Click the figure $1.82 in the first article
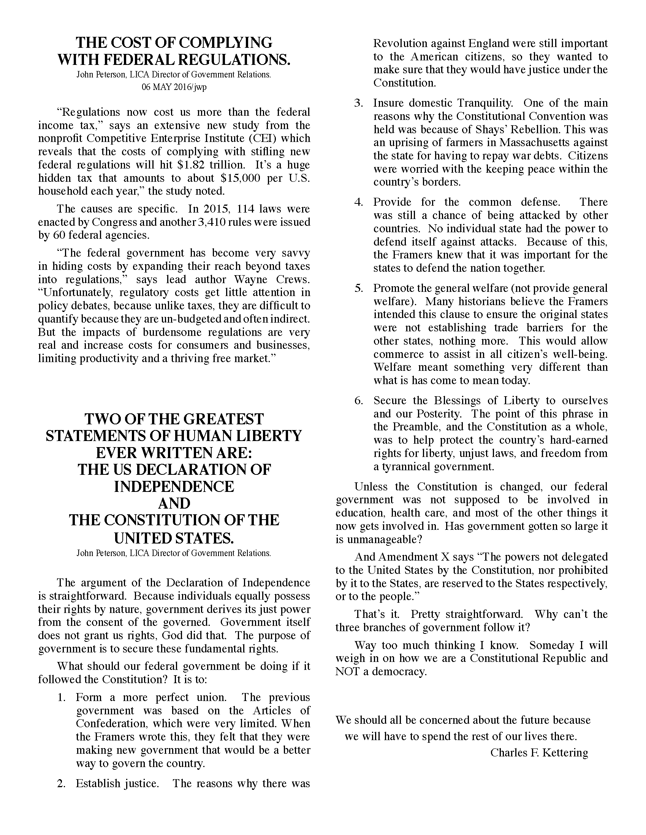tap(193, 165)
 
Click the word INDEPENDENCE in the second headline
tap(174, 487)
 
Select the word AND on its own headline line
tap(174, 504)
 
